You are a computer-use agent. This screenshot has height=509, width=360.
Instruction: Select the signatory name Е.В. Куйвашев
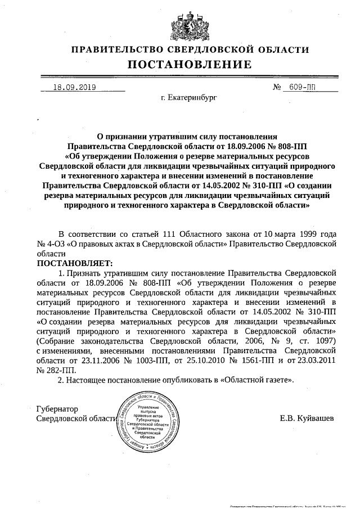(307, 418)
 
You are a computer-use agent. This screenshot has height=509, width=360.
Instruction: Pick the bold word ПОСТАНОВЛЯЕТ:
(75, 263)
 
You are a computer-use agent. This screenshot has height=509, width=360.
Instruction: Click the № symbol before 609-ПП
(277, 87)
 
